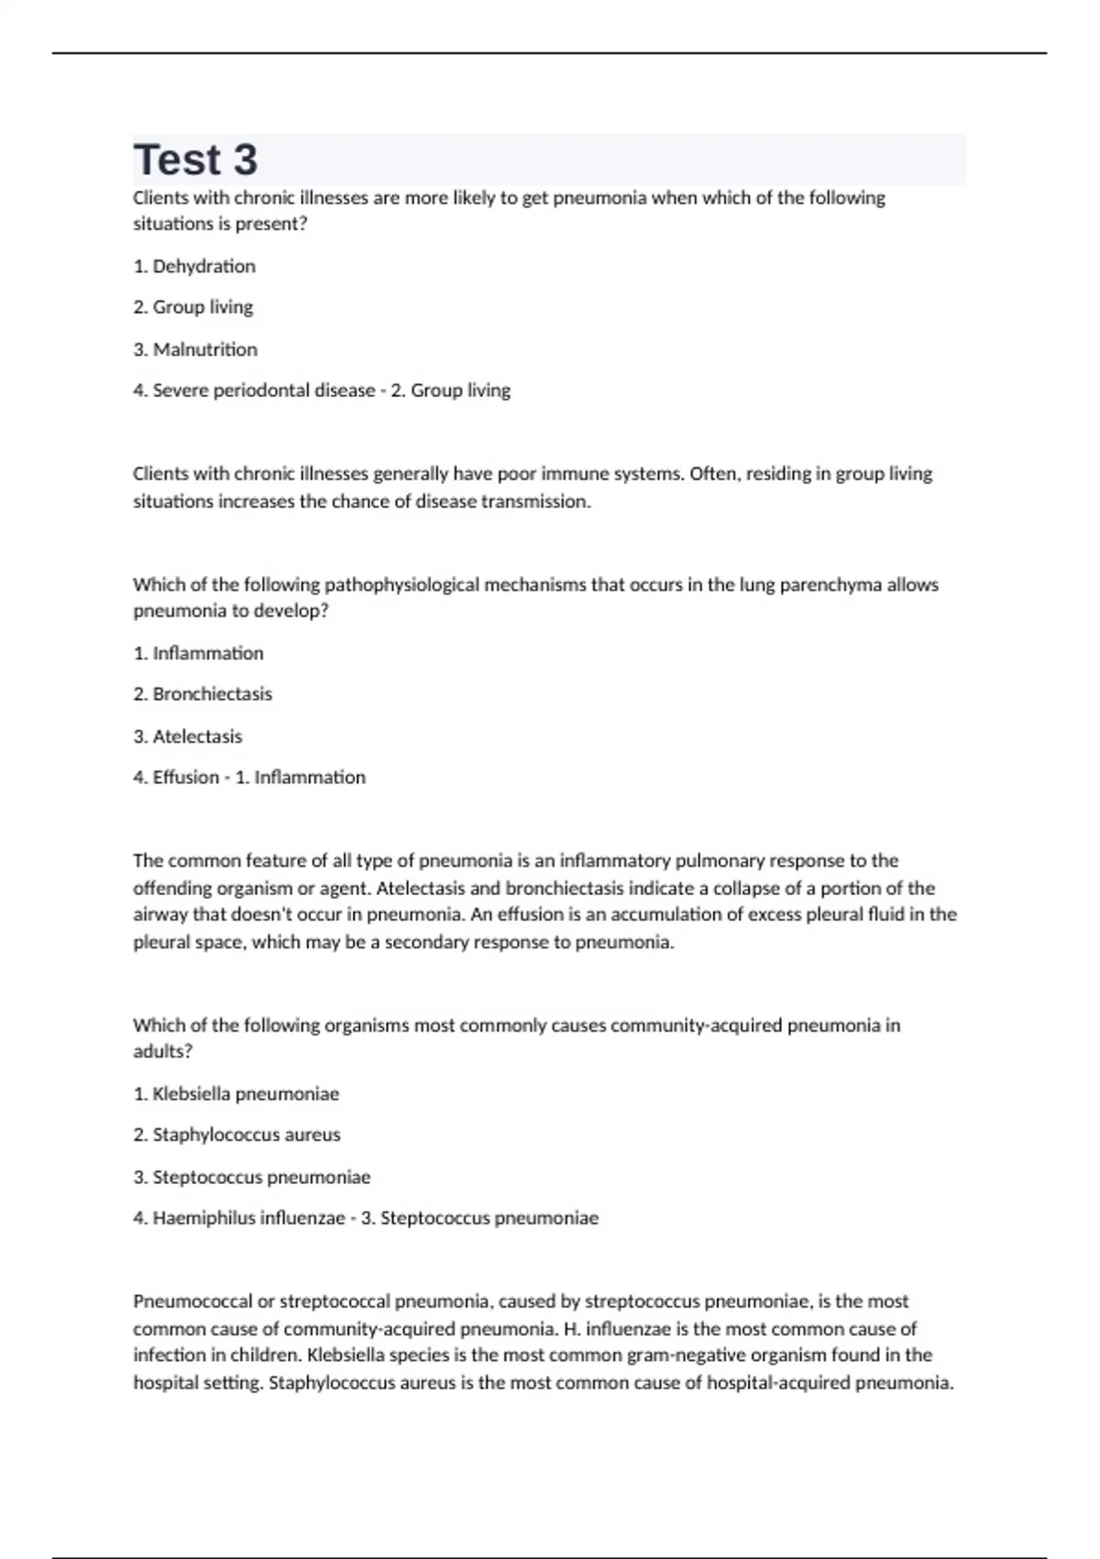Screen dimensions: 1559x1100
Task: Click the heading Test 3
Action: point(195,160)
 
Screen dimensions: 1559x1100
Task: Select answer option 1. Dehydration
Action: point(194,267)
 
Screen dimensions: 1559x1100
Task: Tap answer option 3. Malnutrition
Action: point(195,349)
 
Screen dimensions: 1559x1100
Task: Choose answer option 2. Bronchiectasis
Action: point(203,694)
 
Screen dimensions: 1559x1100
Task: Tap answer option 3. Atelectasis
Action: point(188,736)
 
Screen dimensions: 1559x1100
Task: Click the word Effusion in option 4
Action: point(186,778)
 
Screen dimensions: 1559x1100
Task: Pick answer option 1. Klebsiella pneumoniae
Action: point(236,1094)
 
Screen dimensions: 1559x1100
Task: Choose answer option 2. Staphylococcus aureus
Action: point(236,1135)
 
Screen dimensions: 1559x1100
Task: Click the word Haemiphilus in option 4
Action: point(203,1219)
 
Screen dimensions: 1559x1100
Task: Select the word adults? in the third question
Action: point(162,1052)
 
